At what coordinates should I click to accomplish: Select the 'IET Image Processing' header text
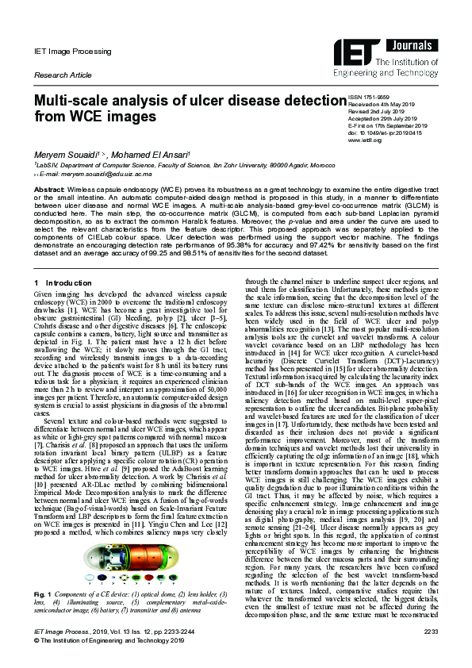click(72, 52)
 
